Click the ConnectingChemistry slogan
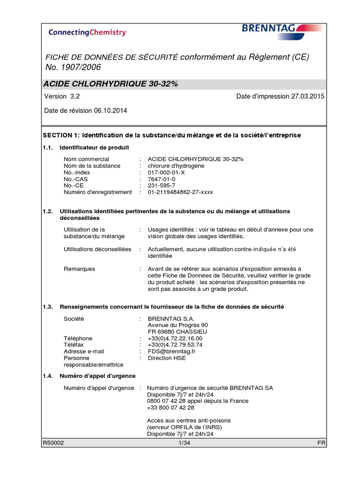pos(87,32)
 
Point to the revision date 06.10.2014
pos(110,111)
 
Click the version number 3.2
pos(75,97)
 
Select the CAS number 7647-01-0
pos(161,179)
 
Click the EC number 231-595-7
pos(162,185)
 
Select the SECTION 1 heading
pos(172,135)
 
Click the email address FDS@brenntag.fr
pos(172,351)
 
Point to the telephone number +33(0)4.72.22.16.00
pos(175,338)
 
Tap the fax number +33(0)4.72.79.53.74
pos(175,345)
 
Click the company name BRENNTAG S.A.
pos(168,318)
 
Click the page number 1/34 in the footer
pos(184,443)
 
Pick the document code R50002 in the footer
pos(53,443)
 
